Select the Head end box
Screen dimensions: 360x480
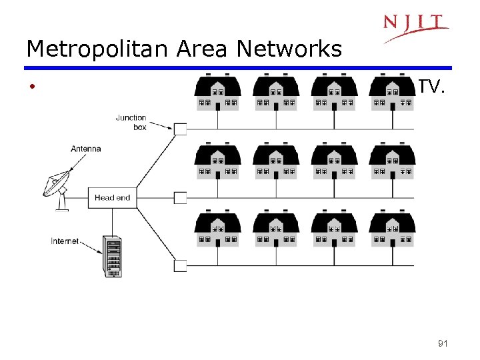pos(112,197)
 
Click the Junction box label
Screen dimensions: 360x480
pos(131,122)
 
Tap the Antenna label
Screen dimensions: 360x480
pos(86,148)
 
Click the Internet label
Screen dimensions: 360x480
pos(65,241)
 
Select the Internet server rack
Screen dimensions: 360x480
pos(112,256)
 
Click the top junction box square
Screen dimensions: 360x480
pos(180,129)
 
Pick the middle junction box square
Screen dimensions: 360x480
pos(180,197)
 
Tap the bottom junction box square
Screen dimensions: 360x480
pos(180,265)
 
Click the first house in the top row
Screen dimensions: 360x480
pos(217,93)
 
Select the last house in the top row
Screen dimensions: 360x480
pos(393,93)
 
